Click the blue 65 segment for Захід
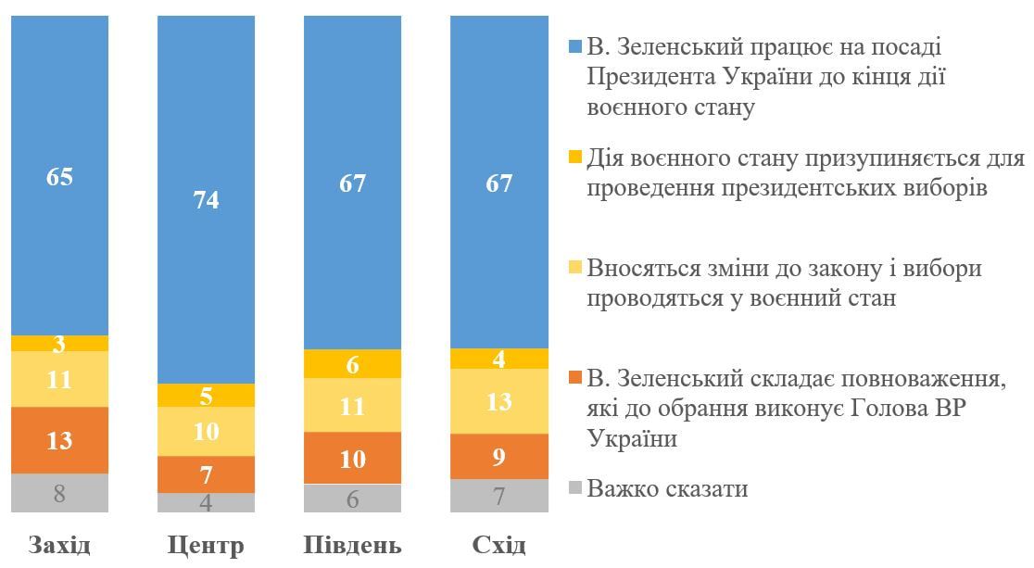[x=60, y=176]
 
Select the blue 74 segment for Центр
[x=206, y=200]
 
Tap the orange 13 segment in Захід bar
[x=60, y=440]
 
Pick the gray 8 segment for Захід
[x=60, y=493]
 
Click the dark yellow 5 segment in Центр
[x=206, y=396]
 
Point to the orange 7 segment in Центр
[x=206, y=474]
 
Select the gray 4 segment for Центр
[x=206, y=503]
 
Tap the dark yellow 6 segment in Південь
[x=352, y=364]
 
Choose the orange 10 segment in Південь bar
[x=352, y=458]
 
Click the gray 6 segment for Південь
[x=352, y=499]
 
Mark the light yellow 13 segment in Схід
[x=498, y=401]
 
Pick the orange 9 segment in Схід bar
[x=498, y=456]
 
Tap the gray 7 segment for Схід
[x=498, y=496]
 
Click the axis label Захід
[x=60, y=544]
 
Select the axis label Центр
[x=206, y=545]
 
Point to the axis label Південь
[x=352, y=545]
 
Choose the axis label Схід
[x=498, y=544]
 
